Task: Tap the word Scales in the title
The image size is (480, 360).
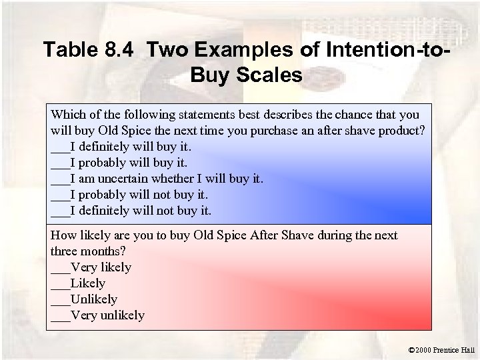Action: [x=265, y=73]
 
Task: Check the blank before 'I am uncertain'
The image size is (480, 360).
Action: [x=59, y=179]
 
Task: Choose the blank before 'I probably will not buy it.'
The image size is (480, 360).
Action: [x=59, y=195]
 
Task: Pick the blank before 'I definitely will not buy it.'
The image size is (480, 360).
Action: [x=59, y=211]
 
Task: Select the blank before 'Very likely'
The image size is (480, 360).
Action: [x=59, y=267]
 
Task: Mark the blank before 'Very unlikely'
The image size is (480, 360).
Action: [x=59, y=315]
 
